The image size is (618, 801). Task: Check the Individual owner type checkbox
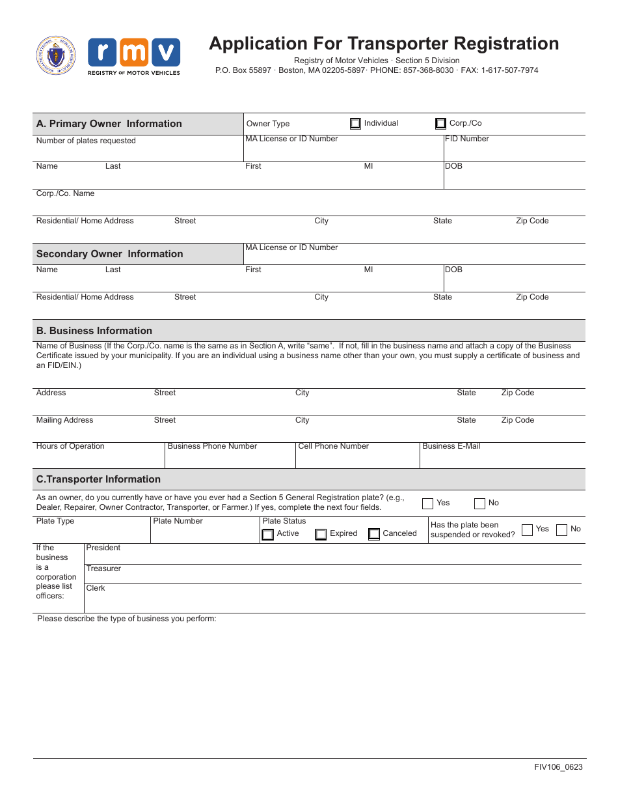(355, 123)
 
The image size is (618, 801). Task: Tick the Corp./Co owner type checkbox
(440, 123)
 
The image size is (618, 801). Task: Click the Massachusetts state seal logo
(56, 56)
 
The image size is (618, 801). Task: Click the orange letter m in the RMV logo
(134, 53)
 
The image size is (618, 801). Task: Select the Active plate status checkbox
(267, 534)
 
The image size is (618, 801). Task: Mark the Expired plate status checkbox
(321, 534)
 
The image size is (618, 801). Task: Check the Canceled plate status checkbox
(373, 534)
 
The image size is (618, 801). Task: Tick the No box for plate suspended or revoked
(561, 529)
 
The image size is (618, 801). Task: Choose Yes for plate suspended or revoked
(527, 529)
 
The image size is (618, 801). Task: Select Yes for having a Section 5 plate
(427, 503)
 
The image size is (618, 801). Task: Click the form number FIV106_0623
(558, 767)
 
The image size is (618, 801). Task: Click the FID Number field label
(467, 139)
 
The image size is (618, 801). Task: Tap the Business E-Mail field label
(451, 446)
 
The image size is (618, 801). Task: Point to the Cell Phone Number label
(333, 446)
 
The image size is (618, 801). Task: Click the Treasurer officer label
(103, 569)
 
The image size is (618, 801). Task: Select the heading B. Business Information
(94, 331)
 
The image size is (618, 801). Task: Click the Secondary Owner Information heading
(109, 254)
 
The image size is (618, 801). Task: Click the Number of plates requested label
(86, 141)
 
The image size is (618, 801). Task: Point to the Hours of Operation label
(70, 446)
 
